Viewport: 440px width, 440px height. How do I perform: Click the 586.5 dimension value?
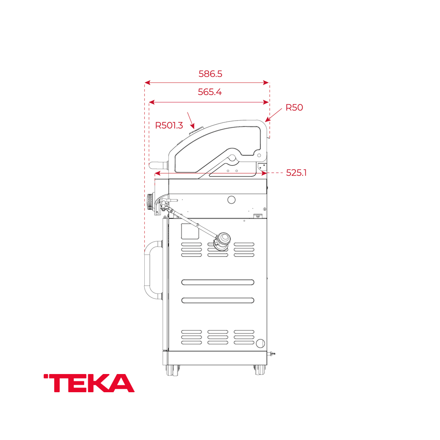tap(210, 73)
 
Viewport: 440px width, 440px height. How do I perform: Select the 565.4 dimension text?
tap(210, 92)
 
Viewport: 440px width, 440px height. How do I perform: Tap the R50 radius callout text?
tap(294, 108)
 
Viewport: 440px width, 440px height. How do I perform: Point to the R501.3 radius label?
tap(169, 126)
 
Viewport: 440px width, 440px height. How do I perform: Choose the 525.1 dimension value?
tap(296, 173)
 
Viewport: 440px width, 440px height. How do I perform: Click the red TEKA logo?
tap(89, 383)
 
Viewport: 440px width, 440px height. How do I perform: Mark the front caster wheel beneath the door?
tap(173, 369)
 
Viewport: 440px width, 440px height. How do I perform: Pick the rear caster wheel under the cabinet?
tap(259, 369)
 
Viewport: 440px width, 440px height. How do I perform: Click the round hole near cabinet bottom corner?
tap(260, 343)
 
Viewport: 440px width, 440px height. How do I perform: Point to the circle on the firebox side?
tap(231, 200)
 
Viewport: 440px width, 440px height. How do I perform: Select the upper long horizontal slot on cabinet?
tap(217, 282)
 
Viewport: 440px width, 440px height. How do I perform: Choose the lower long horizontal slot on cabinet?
tap(217, 300)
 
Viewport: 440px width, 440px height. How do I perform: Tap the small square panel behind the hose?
tap(190, 231)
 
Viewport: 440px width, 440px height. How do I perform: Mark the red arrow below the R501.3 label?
tap(191, 121)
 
